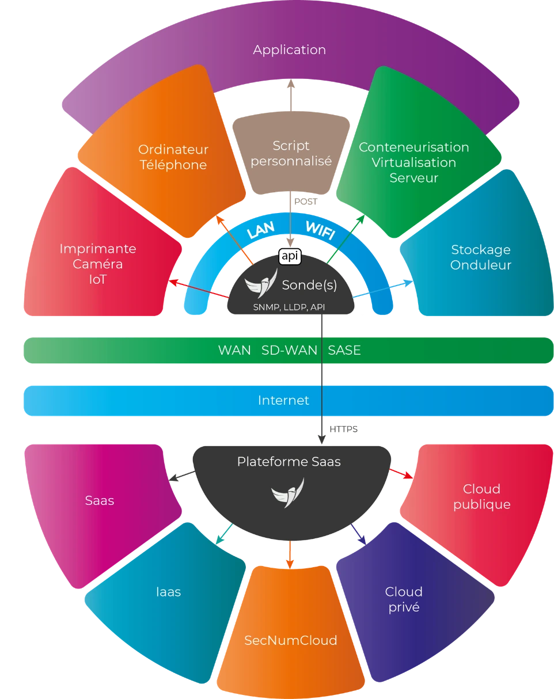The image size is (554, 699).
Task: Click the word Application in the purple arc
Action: [289, 50]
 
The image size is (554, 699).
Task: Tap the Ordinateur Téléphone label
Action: [173, 157]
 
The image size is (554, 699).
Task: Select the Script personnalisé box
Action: [291, 153]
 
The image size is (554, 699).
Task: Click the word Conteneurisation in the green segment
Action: [413, 147]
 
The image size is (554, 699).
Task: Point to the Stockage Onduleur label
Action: [481, 257]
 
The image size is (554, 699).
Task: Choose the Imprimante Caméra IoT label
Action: [98, 264]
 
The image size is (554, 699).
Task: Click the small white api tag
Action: [290, 257]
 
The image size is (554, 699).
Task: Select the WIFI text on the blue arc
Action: [320, 230]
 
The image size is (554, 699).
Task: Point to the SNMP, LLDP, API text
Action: [289, 307]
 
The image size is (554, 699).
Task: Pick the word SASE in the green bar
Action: [344, 351]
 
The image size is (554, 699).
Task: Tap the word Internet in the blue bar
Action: [283, 400]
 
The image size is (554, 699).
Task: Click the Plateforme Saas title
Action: [289, 462]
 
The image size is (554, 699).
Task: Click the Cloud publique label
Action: [481, 496]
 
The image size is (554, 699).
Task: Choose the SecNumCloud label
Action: [290, 640]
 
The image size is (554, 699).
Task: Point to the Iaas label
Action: [168, 592]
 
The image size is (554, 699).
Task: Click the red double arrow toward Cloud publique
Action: [401, 474]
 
